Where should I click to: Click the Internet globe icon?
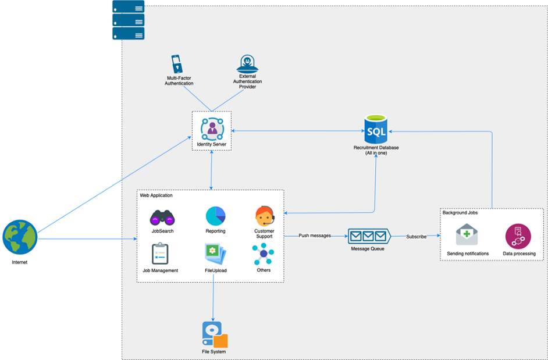click(20, 237)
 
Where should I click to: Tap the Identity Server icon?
click(212, 128)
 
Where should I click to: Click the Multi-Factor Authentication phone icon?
click(177, 64)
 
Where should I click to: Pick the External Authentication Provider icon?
click(247, 63)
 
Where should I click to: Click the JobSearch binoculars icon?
click(162, 218)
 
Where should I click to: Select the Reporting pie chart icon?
click(215, 216)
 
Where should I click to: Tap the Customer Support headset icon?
click(264, 216)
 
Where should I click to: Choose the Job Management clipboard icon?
click(160, 254)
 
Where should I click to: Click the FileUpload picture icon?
click(215, 254)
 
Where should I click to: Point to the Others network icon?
click(263, 254)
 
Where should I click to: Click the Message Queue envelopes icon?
click(369, 236)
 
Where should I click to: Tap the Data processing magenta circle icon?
click(518, 236)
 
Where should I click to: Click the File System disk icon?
click(214, 334)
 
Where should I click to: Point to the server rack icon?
click(128, 20)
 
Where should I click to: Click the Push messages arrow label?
click(315, 236)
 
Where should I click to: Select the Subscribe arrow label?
click(416, 237)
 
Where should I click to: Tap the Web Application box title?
click(156, 195)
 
